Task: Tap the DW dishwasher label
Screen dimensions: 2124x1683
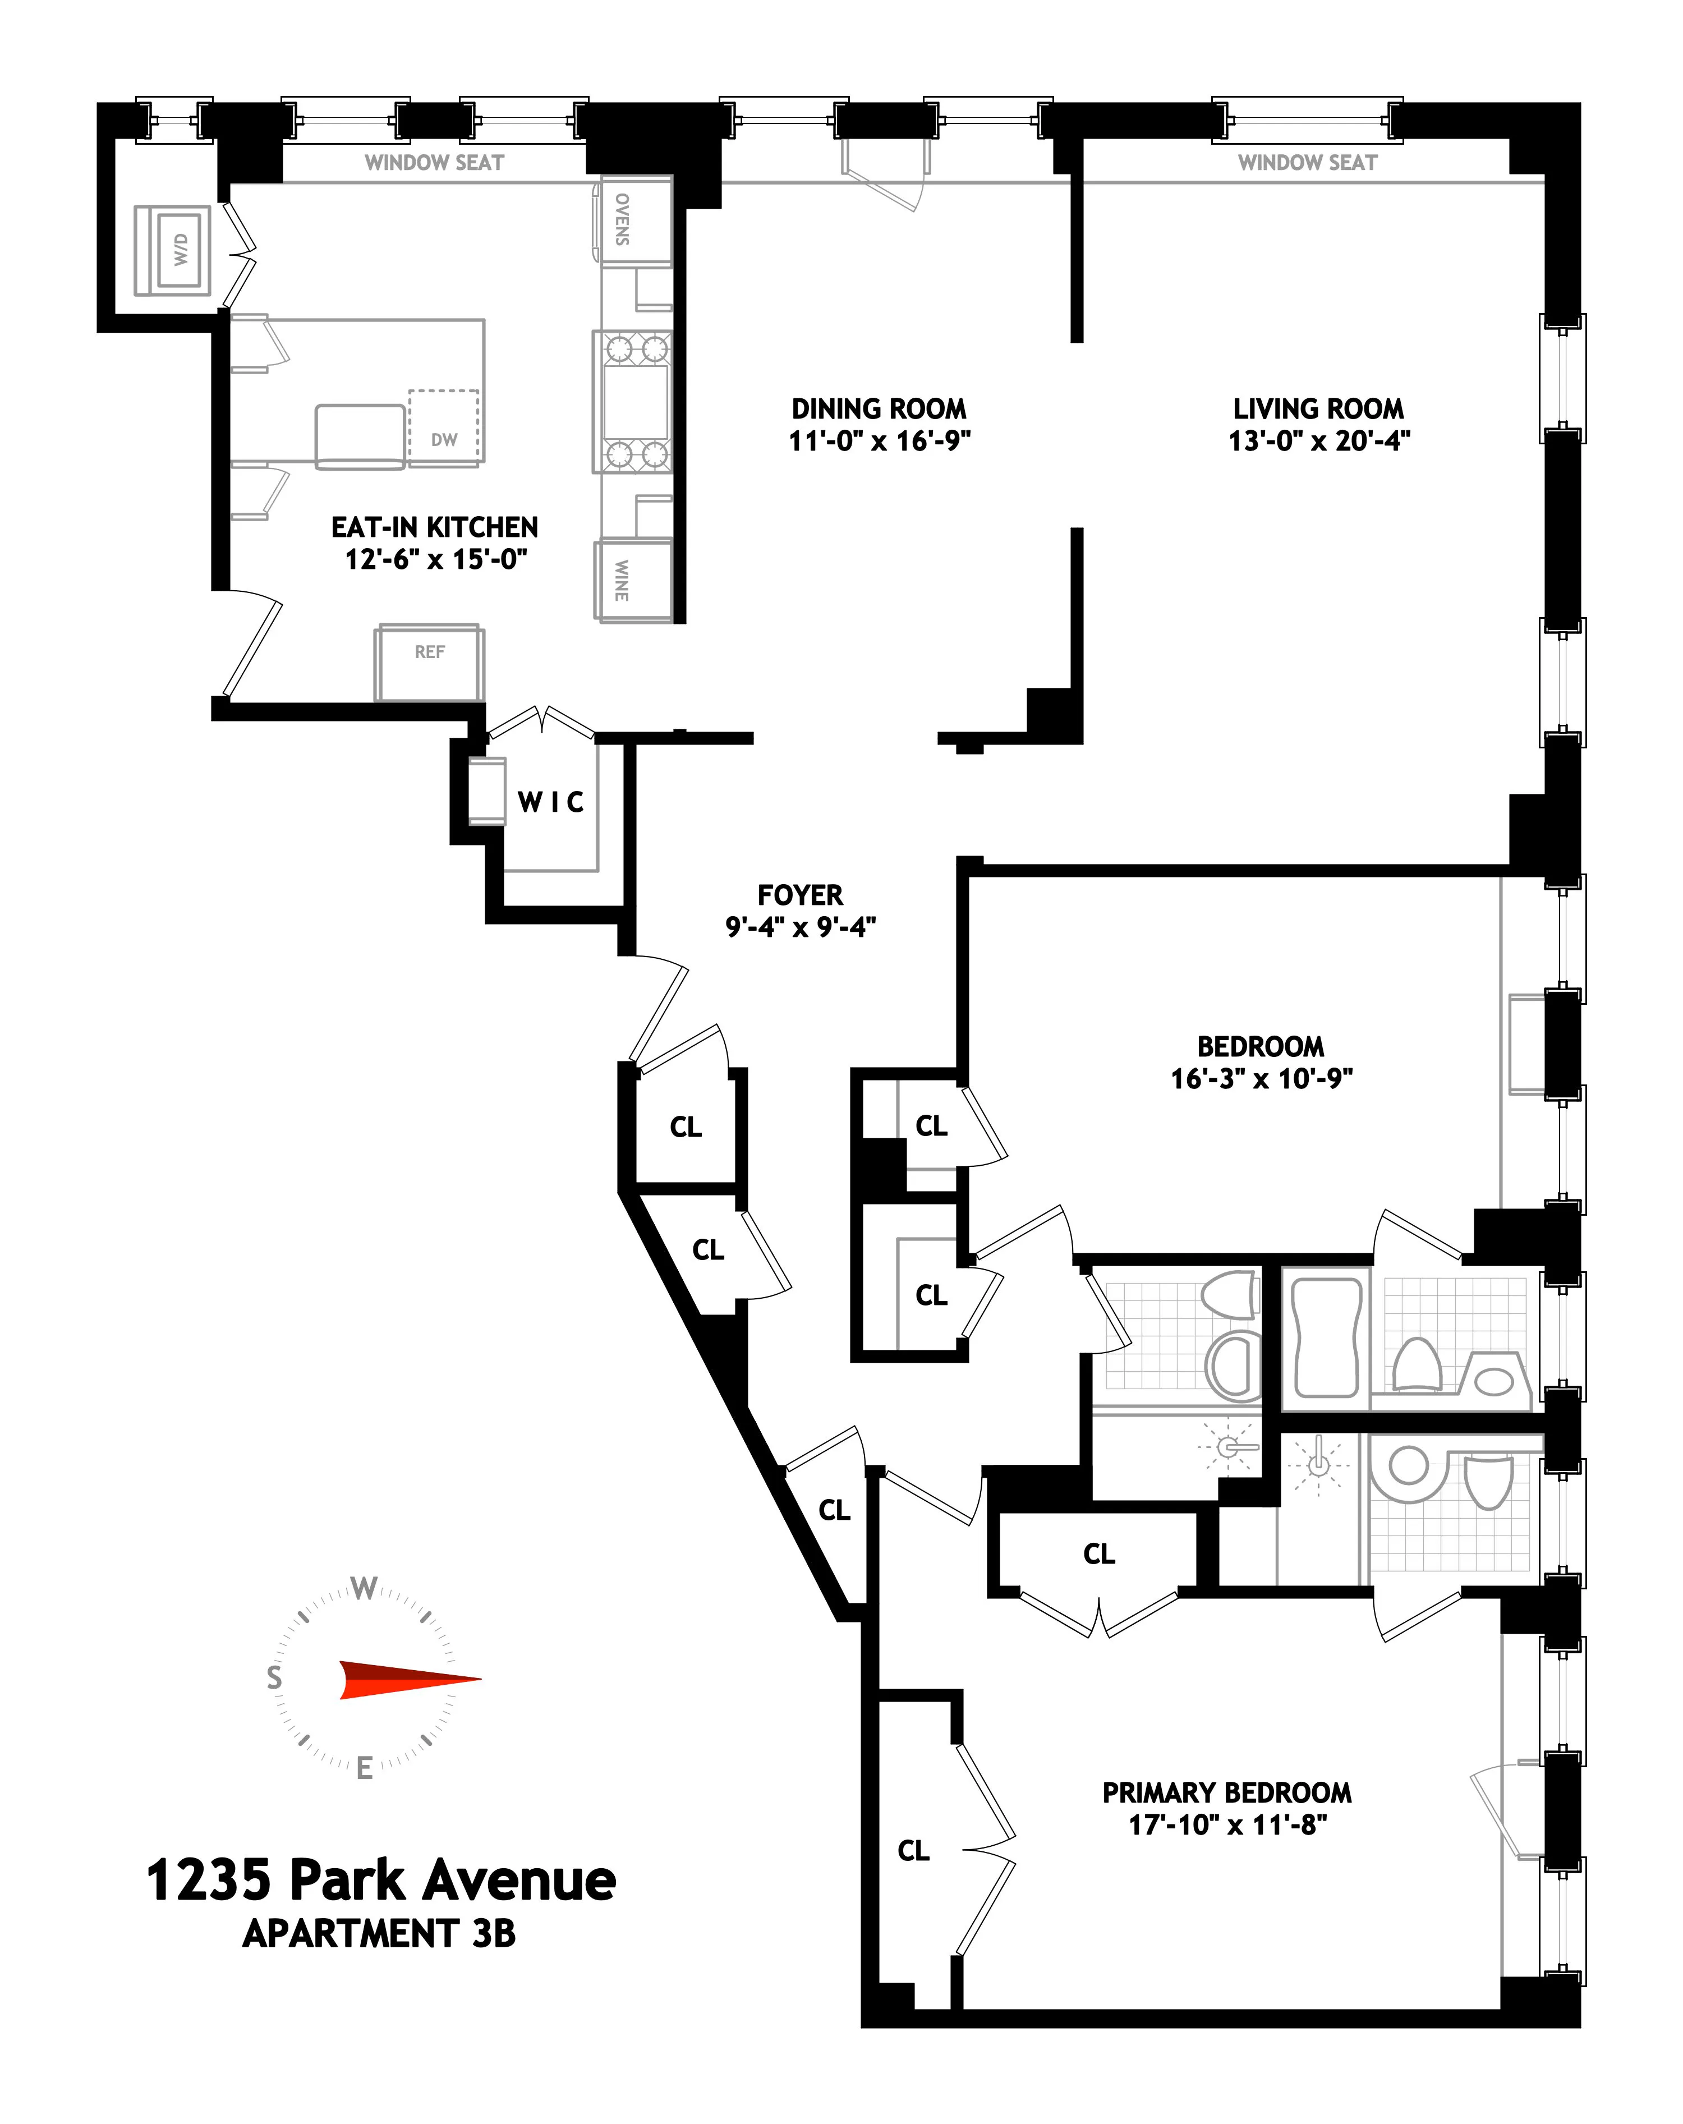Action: pos(444,439)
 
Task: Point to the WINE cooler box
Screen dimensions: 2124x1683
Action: pos(632,580)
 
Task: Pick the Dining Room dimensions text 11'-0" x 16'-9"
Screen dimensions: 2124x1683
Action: pos(879,440)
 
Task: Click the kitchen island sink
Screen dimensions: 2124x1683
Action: pos(360,434)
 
